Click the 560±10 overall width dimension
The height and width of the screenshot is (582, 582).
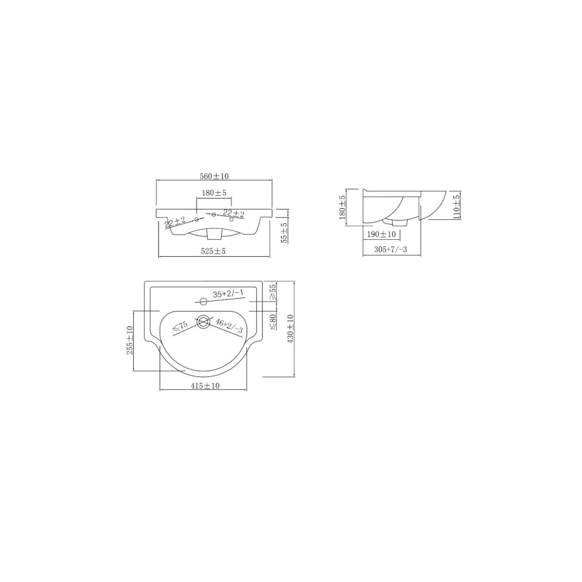coord(215,176)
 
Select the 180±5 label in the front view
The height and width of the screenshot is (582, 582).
coord(213,193)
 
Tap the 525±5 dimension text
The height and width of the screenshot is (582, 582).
coord(213,251)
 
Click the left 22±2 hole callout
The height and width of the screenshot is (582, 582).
coord(175,223)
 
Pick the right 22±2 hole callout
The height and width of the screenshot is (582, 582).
coord(233,213)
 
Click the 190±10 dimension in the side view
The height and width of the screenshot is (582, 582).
coord(381,235)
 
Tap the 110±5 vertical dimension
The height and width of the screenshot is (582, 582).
coord(456,206)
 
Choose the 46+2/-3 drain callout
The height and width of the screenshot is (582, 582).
coord(229,326)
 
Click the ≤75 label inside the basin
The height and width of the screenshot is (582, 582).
coord(180,327)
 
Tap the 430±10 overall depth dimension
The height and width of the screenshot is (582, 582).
coord(290,329)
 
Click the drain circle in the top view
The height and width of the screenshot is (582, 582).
coord(204,321)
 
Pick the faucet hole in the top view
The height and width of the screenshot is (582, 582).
coord(203,301)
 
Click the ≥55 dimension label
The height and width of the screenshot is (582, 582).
coord(272,292)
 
